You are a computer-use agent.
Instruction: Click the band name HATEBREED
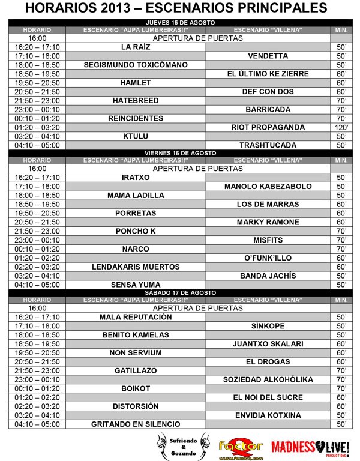point(136,101)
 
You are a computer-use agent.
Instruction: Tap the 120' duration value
point(341,127)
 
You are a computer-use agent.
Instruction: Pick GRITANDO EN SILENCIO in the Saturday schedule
point(136,424)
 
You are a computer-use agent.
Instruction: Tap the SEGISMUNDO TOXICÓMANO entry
point(136,65)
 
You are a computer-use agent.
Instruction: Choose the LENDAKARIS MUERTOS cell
point(136,267)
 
